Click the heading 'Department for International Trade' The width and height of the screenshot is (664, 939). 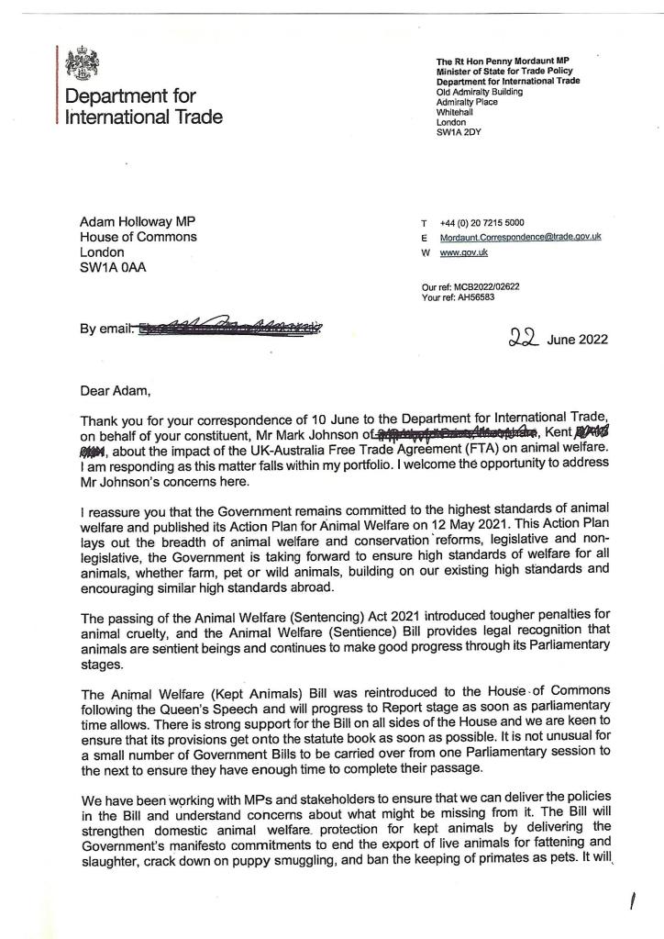142,107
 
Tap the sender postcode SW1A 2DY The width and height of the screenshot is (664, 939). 459,132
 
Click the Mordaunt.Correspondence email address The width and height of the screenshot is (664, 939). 520,237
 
